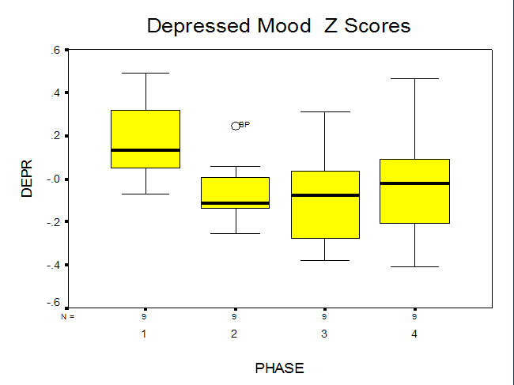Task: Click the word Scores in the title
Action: tap(377, 25)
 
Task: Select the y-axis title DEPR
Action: tap(27, 179)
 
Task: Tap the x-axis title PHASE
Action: tap(280, 368)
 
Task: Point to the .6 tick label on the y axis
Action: tap(55, 50)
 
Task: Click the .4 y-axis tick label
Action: tap(55, 93)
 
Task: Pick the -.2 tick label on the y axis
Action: tap(54, 222)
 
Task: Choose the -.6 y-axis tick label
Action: tap(54, 302)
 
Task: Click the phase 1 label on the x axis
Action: tap(144, 334)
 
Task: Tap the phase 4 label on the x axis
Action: tap(414, 334)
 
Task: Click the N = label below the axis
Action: tap(67, 316)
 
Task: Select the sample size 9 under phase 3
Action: tap(324, 316)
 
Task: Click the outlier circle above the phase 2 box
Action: tap(236, 126)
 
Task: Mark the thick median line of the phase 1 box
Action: tap(146, 150)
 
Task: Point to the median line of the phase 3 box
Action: tap(326, 195)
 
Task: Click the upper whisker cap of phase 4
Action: tap(414, 78)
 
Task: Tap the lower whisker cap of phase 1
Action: tap(146, 194)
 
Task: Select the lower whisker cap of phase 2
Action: tap(236, 234)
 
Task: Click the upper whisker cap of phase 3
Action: tap(325, 111)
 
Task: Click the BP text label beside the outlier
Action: tap(244, 124)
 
